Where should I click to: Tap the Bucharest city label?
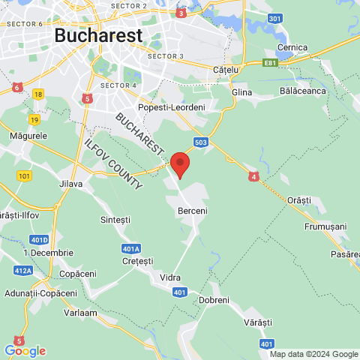click(97, 35)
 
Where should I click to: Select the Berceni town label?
click(192, 212)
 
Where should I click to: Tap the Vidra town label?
click(170, 277)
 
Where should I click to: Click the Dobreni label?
click(214, 300)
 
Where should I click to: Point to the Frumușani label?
click(325, 226)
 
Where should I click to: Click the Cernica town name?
click(292, 47)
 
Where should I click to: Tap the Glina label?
click(242, 92)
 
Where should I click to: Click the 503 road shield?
click(200, 142)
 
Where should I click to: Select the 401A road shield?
click(130, 248)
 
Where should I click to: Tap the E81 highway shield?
click(271, 64)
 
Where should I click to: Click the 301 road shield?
click(275, 18)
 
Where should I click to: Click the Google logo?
click(25, 350)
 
